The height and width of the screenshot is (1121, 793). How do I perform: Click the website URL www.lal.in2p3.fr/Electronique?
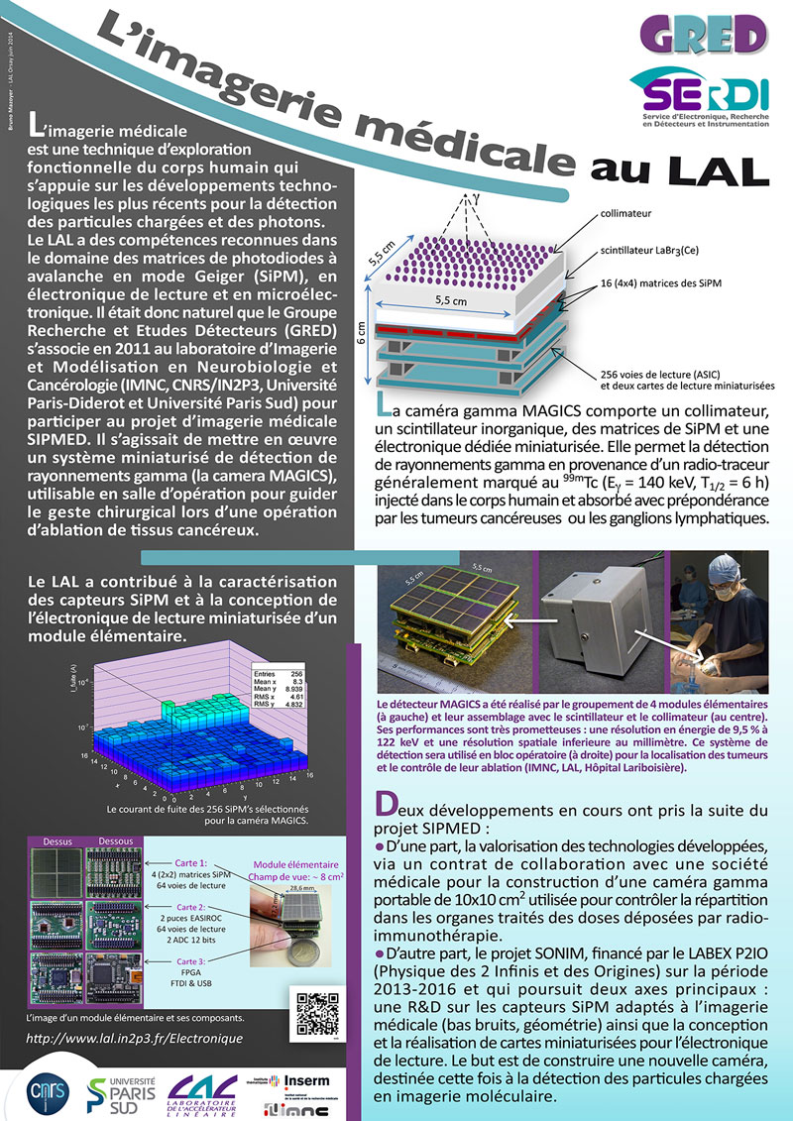(132, 1038)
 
